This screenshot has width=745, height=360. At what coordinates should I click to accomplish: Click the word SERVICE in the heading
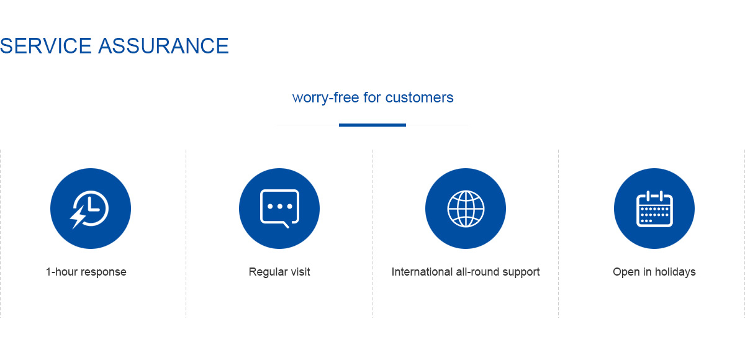click(x=45, y=46)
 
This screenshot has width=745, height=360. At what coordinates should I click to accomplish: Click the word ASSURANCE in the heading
click(x=163, y=46)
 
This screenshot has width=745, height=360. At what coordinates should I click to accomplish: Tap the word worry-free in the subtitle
click(x=325, y=97)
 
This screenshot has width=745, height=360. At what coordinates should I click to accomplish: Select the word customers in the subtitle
click(x=419, y=97)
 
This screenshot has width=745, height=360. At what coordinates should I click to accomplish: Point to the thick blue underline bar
click(x=372, y=125)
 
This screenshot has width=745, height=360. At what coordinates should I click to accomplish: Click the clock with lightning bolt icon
click(x=90, y=209)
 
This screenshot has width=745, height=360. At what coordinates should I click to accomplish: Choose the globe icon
click(x=466, y=209)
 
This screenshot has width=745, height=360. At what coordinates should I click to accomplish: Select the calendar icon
click(x=654, y=209)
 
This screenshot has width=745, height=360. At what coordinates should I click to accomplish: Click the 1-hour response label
click(x=86, y=272)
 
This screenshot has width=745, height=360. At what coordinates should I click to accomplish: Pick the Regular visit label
click(x=279, y=272)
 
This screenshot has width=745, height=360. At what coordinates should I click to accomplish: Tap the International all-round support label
click(x=466, y=272)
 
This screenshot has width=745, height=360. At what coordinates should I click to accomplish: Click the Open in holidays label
click(x=654, y=272)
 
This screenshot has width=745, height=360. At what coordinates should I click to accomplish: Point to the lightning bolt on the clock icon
click(x=78, y=217)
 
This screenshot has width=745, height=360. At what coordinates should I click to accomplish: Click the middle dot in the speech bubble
click(x=280, y=207)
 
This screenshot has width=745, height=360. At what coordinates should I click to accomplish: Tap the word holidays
click(x=675, y=272)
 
